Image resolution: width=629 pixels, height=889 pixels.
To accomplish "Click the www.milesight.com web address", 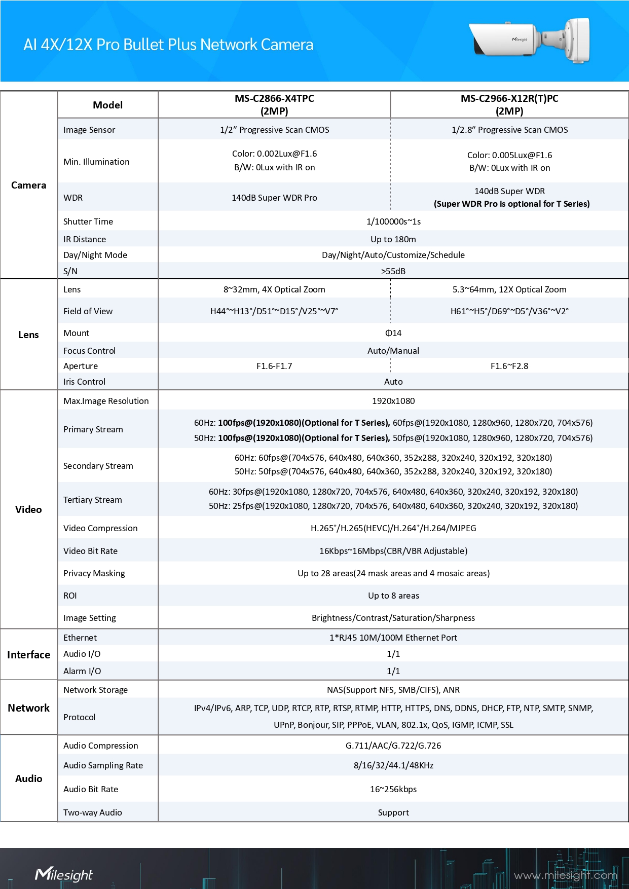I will click(x=565, y=875).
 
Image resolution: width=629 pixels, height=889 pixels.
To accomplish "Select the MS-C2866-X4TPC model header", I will click(x=274, y=104).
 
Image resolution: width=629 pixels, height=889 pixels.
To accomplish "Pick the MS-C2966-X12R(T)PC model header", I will click(x=509, y=104).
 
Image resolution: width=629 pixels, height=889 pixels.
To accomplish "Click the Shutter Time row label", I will click(x=88, y=221).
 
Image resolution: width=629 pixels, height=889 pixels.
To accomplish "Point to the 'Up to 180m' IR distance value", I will click(x=393, y=239).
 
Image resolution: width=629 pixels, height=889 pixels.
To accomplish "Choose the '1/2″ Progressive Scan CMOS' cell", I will click(x=274, y=130).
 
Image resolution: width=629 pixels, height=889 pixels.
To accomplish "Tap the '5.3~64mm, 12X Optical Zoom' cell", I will click(x=509, y=289).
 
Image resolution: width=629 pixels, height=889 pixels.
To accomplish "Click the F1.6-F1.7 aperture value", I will click(x=274, y=366).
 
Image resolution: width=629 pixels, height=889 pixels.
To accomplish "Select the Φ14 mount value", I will click(x=393, y=333).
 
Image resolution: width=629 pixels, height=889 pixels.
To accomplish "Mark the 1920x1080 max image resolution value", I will click(x=393, y=401).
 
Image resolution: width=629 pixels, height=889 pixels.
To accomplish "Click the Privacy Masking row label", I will click(x=94, y=573).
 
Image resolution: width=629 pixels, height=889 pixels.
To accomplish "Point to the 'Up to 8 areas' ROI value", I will click(x=393, y=596).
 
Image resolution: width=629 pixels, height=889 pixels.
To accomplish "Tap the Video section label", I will click(x=28, y=509).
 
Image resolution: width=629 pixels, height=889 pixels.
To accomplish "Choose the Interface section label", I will click(x=28, y=655).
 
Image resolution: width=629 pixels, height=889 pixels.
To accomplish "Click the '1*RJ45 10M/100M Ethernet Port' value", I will click(x=393, y=638).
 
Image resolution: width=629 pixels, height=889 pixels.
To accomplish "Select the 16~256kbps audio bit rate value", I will click(x=393, y=789).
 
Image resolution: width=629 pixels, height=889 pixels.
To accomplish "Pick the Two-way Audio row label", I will click(x=93, y=812).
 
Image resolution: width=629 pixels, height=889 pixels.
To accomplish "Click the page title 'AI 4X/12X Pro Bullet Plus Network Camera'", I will click(x=168, y=45).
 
